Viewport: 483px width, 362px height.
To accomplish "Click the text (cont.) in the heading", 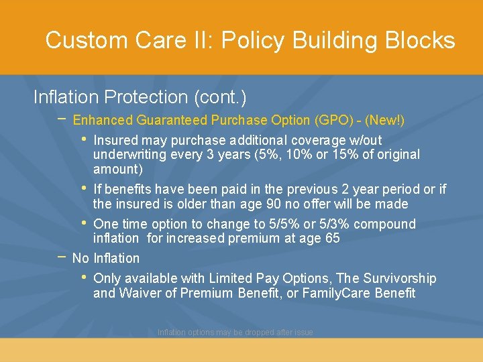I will (220, 97).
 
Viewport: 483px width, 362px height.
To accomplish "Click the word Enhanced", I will (103, 121).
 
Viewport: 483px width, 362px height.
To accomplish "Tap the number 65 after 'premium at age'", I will (332, 238).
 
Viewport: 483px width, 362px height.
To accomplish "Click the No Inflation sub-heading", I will (106, 258).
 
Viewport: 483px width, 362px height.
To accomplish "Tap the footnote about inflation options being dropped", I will (235, 333).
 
